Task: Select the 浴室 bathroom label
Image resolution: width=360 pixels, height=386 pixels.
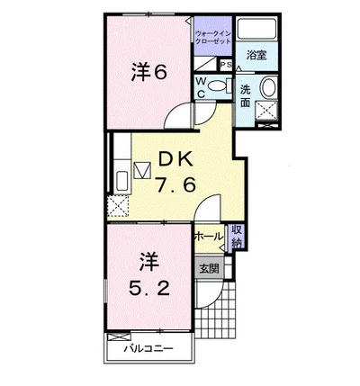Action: [257, 55]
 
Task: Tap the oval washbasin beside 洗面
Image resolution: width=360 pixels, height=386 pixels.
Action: [268, 87]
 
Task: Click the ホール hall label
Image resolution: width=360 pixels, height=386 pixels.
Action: [208, 236]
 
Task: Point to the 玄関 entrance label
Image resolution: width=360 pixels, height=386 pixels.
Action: [208, 267]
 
